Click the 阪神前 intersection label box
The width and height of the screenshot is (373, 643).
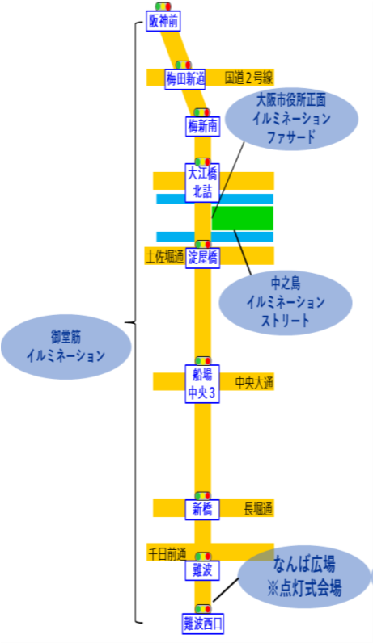click(163, 21)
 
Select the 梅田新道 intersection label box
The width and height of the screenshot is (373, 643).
click(184, 78)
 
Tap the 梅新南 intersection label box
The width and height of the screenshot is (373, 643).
click(202, 125)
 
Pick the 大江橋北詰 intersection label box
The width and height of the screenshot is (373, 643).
click(202, 183)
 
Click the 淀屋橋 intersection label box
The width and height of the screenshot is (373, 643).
click(202, 258)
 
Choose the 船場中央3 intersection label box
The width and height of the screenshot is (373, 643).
click(202, 384)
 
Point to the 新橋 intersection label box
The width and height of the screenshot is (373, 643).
click(202, 510)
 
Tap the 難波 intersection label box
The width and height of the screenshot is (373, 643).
click(202, 570)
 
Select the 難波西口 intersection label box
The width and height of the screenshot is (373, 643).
click(202, 624)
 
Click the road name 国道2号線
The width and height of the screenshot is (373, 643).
click(249, 78)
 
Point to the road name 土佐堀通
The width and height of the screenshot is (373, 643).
click(165, 257)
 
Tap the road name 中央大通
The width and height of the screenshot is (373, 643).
click(254, 383)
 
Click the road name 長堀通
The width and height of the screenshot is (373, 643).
click(258, 509)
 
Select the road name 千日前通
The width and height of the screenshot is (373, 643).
click(167, 554)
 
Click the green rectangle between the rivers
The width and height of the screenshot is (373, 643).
click(243, 218)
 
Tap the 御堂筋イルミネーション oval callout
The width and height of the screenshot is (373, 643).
click(66, 347)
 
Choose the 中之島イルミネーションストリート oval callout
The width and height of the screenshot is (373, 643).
click(285, 302)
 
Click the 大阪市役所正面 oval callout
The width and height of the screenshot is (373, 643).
click(291, 119)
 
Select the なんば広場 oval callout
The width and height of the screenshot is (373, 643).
click(304, 577)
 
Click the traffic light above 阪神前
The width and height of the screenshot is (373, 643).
click(163, 6)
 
